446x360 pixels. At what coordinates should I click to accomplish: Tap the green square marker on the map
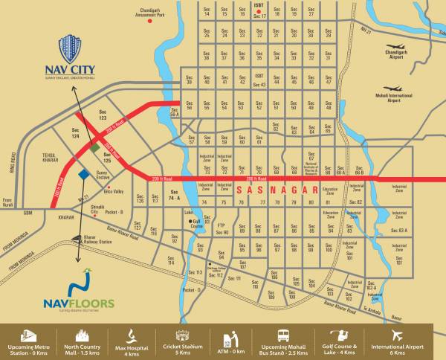pyautogui.click(x=94, y=147)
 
